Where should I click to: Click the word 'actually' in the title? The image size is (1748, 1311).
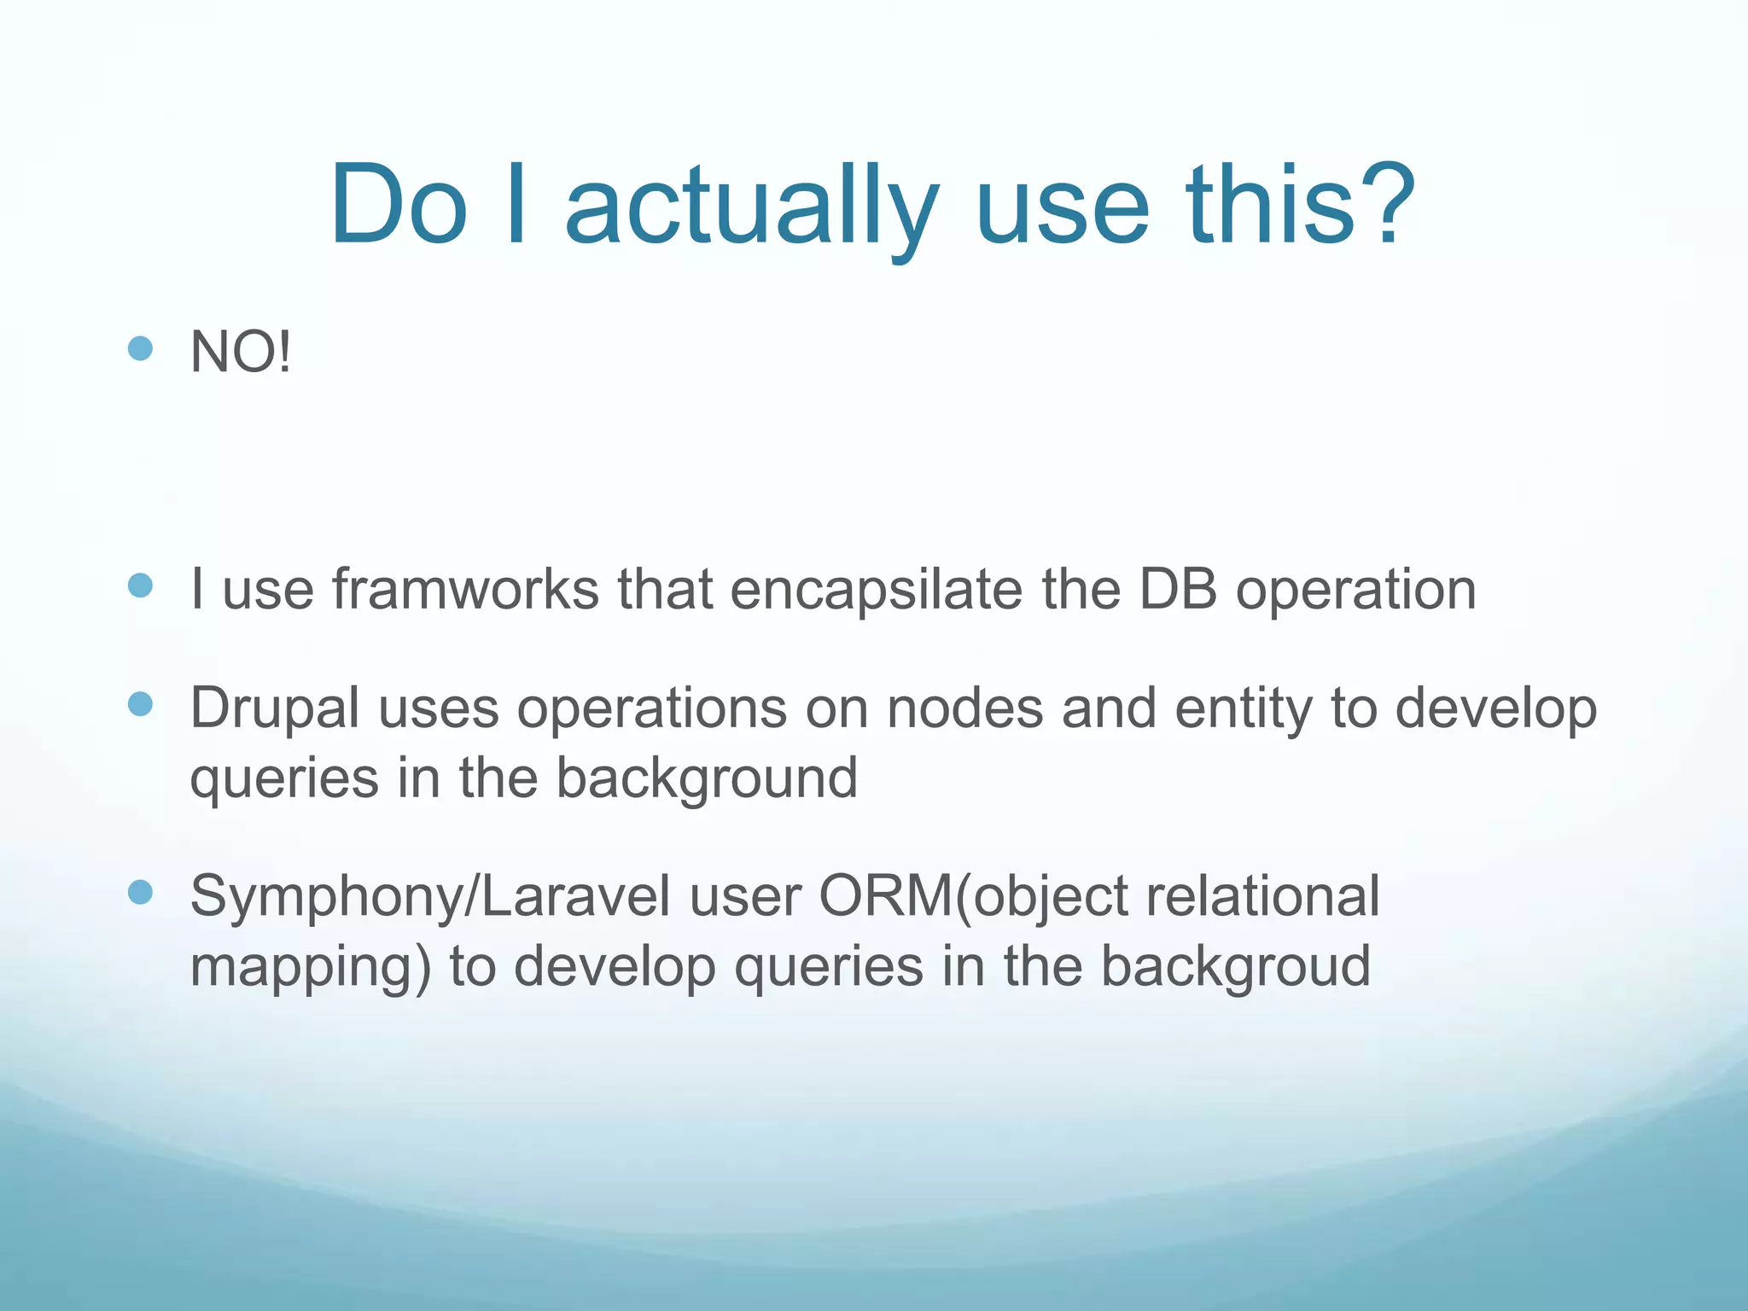751,207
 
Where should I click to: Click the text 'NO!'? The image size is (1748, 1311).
241,352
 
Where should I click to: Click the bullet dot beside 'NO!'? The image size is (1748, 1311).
140,348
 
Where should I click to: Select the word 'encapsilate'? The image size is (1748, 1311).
876,591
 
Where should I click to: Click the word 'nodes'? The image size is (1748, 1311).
964,708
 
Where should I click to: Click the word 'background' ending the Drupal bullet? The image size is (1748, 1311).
707,778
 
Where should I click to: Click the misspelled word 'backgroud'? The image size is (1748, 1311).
1235,966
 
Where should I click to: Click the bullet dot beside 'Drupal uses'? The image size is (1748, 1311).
140,704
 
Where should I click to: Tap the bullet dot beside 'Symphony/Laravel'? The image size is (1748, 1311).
140,893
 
